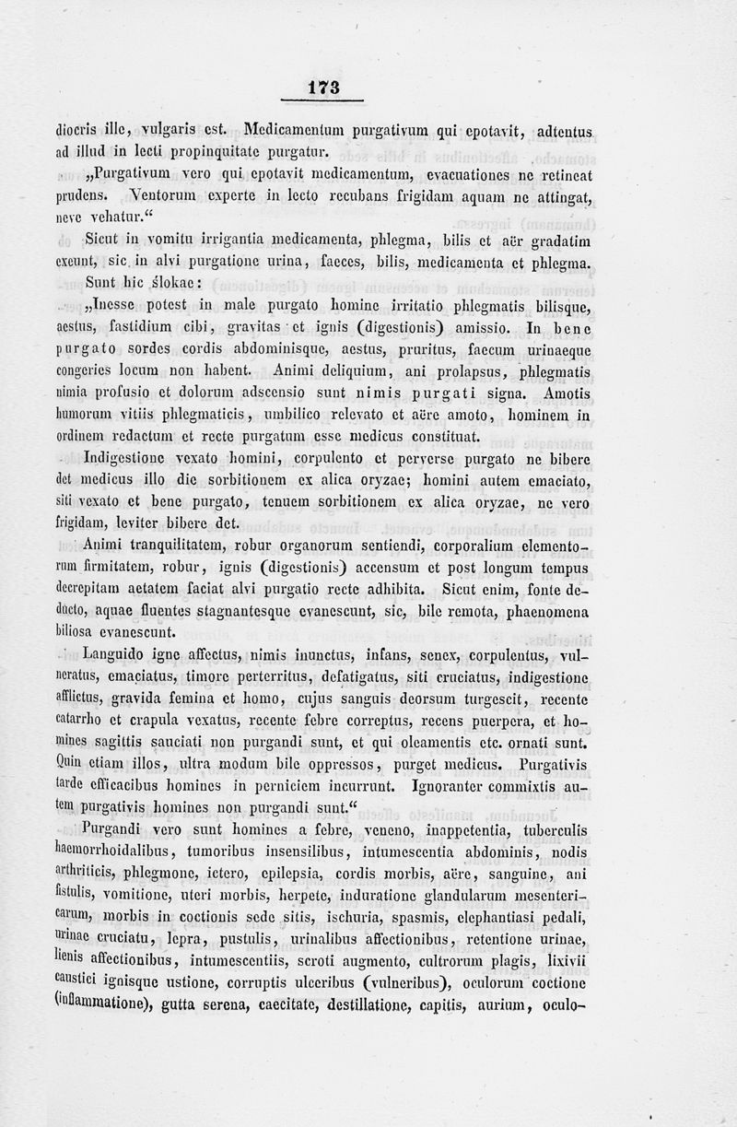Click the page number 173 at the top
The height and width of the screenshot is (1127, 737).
(x=324, y=88)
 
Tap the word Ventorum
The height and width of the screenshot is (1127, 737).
(x=167, y=195)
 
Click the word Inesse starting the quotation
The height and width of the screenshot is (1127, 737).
(x=120, y=306)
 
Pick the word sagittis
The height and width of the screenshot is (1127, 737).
(x=135, y=744)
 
